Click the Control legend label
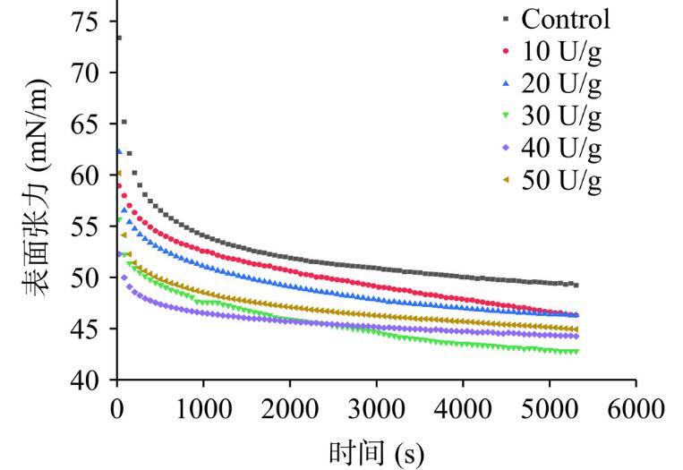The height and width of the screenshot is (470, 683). click(566, 19)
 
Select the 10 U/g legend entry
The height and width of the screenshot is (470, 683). click(561, 52)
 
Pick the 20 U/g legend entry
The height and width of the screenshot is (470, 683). click(561, 85)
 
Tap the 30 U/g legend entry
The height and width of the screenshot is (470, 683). click(561, 116)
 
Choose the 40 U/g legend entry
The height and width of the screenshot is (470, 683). click(561, 149)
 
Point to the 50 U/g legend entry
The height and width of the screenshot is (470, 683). click(561, 182)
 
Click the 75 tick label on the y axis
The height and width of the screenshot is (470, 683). click(86, 22)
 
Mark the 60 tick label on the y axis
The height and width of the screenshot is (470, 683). click(86, 175)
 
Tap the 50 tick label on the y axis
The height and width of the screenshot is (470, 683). click(86, 278)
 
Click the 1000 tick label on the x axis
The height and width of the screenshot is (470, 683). click(203, 408)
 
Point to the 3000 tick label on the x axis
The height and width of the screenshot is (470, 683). click(376, 408)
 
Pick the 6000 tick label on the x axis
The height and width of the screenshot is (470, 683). click(636, 408)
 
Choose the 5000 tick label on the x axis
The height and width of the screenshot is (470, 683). click(550, 408)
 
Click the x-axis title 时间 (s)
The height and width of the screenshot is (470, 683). click(375, 452)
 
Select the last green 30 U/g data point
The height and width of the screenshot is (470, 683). click(576, 352)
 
